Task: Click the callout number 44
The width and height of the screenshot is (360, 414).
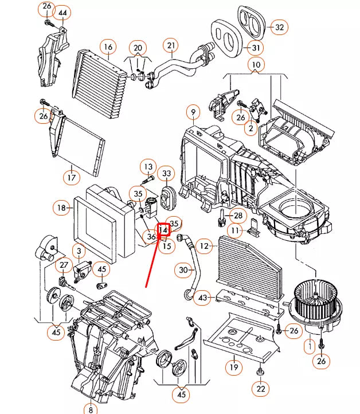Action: [x=62, y=12]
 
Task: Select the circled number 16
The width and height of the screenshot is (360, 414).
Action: [x=107, y=46]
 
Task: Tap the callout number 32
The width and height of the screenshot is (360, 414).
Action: [x=279, y=27]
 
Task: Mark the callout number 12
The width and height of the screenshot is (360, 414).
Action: [x=204, y=245]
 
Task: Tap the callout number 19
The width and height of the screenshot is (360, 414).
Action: [x=233, y=366]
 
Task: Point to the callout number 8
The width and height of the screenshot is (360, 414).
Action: [x=90, y=408]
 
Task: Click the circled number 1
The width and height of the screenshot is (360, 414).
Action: [x=310, y=345]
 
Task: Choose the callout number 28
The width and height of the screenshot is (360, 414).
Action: [x=238, y=215]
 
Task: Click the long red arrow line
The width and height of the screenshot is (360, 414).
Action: [x=155, y=258]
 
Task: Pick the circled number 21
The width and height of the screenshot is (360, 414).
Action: [x=170, y=44]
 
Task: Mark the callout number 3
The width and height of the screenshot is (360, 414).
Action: [x=79, y=250]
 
